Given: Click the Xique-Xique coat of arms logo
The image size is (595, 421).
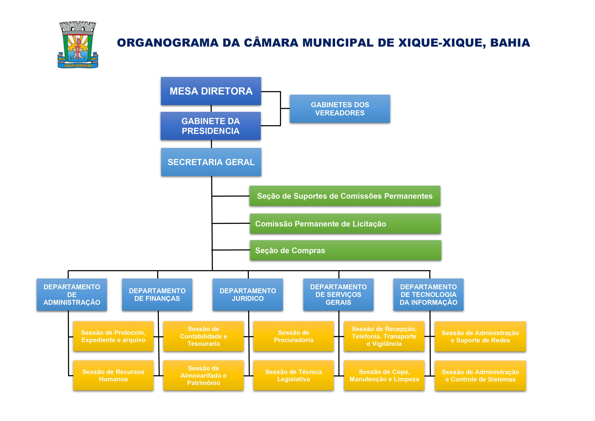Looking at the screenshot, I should click(x=78, y=45).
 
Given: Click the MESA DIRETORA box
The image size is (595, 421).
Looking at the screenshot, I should click(x=211, y=91).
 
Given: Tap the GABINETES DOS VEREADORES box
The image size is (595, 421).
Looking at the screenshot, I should click(x=340, y=109).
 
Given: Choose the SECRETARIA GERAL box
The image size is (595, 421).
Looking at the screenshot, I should click(x=211, y=162).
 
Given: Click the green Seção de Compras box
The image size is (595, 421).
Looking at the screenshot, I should click(x=345, y=250).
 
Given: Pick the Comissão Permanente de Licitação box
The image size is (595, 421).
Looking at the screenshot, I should click(x=345, y=224).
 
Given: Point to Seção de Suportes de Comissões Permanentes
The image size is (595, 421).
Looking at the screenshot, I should click(x=345, y=196).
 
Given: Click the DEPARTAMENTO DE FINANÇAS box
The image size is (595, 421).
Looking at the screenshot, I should click(x=157, y=295).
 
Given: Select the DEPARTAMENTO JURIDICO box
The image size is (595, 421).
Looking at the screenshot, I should click(x=248, y=295).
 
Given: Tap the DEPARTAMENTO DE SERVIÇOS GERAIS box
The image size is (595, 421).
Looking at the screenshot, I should click(x=338, y=295).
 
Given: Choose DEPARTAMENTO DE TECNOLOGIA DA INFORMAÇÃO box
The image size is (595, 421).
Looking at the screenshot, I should click(x=428, y=295).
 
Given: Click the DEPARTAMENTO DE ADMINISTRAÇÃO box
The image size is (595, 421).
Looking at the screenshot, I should click(x=72, y=295).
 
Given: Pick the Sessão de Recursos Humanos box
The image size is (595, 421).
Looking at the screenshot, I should click(x=113, y=375).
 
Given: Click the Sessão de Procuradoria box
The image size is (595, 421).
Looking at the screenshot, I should click(x=293, y=336).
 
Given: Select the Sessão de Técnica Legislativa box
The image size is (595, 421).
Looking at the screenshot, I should click(x=293, y=375).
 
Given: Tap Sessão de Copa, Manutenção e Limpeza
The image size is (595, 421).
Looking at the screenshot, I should click(x=384, y=375).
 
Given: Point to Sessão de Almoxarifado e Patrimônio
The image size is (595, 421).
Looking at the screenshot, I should click(x=203, y=375).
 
